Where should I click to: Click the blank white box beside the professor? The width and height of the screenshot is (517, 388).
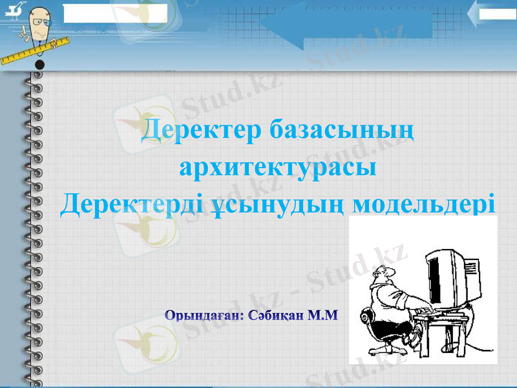pyautogui.click(x=115, y=12)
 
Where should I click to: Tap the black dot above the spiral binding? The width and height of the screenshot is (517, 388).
pyautogui.click(x=40, y=65)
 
